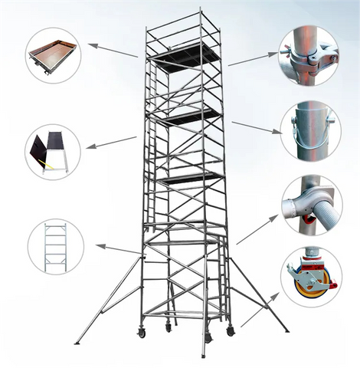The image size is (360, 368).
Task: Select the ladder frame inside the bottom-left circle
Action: click(55, 246)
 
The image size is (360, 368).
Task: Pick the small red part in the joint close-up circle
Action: click(309, 220)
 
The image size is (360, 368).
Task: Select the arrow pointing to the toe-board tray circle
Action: click(113, 51)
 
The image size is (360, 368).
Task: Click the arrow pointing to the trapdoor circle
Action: click(112, 142)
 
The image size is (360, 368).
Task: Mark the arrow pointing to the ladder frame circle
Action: click(119, 248)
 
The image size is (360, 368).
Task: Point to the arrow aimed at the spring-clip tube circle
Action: click(256, 127)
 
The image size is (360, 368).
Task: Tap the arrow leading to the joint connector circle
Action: click(257, 230)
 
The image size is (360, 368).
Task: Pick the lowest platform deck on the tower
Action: click(191, 177)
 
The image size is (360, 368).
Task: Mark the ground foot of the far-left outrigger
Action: click(77, 342)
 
